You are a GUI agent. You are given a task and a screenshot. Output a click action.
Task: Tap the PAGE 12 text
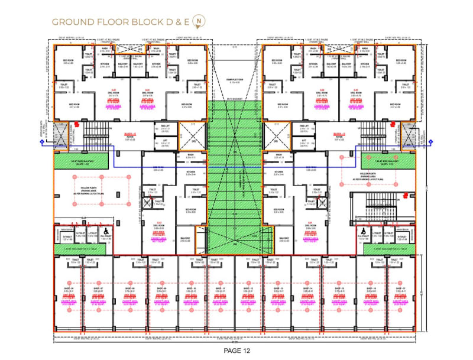pyautogui.click(x=236, y=349)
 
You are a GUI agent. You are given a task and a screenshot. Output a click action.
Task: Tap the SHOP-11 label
pyautogui.click(x=221, y=288)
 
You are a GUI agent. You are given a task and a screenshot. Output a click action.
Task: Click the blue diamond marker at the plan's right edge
pyautogui.click(x=431, y=141)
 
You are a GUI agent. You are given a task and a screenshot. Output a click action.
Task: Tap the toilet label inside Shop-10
pyautogui.click(x=199, y=260)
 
